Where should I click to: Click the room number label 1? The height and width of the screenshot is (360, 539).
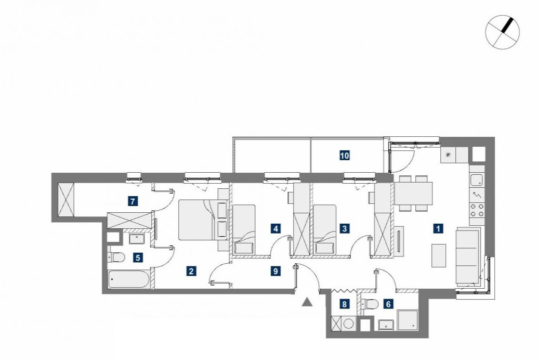[x=438, y=228]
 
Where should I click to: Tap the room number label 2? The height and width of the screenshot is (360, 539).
[x=191, y=271]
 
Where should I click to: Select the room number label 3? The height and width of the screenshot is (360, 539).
[x=345, y=228]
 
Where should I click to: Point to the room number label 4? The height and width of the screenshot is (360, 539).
[x=275, y=228]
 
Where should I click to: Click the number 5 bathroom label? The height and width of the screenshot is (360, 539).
[x=138, y=258]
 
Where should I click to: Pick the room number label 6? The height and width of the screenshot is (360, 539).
[x=388, y=304]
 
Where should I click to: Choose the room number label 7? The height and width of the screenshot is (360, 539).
[x=133, y=201]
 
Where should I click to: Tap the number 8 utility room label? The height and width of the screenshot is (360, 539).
[x=344, y=304]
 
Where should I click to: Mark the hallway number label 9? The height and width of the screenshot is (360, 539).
[x=275, y=271]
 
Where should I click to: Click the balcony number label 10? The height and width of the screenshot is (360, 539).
[x=345, y=156]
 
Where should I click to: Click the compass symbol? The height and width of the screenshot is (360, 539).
[x=502, y=32]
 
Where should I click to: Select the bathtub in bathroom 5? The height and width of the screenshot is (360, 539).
[x=128, y=279]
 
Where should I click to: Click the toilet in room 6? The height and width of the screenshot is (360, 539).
[x=370, y=304]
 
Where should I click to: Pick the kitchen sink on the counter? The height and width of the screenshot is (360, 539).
[x=477, y=180]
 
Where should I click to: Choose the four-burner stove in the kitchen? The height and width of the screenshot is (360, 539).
[x=477, y=210]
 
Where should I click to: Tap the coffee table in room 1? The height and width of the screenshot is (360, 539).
[x=439, y=255]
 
